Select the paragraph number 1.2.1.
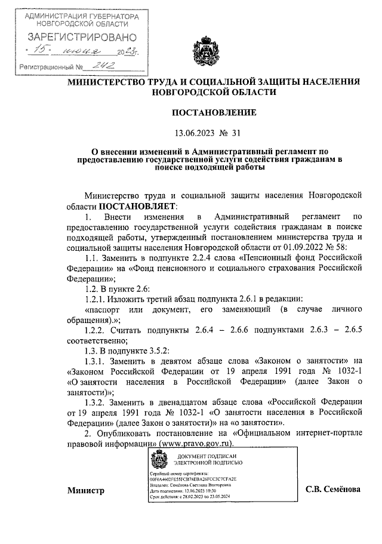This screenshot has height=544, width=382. pos(98,298)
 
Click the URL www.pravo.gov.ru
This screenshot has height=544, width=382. pos(195,445)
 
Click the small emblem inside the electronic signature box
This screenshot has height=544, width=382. pos(158,462)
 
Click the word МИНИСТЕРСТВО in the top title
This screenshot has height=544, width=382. pos(107,81)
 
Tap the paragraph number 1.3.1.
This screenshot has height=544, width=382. pos(98,360)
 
